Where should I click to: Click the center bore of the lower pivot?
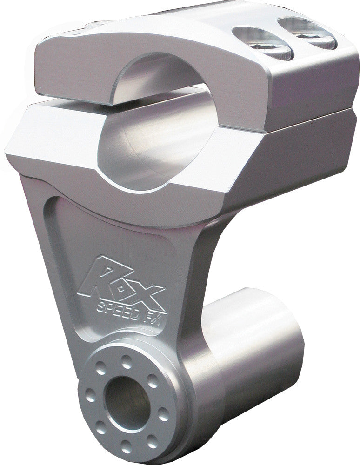click(x=120, y=398)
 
